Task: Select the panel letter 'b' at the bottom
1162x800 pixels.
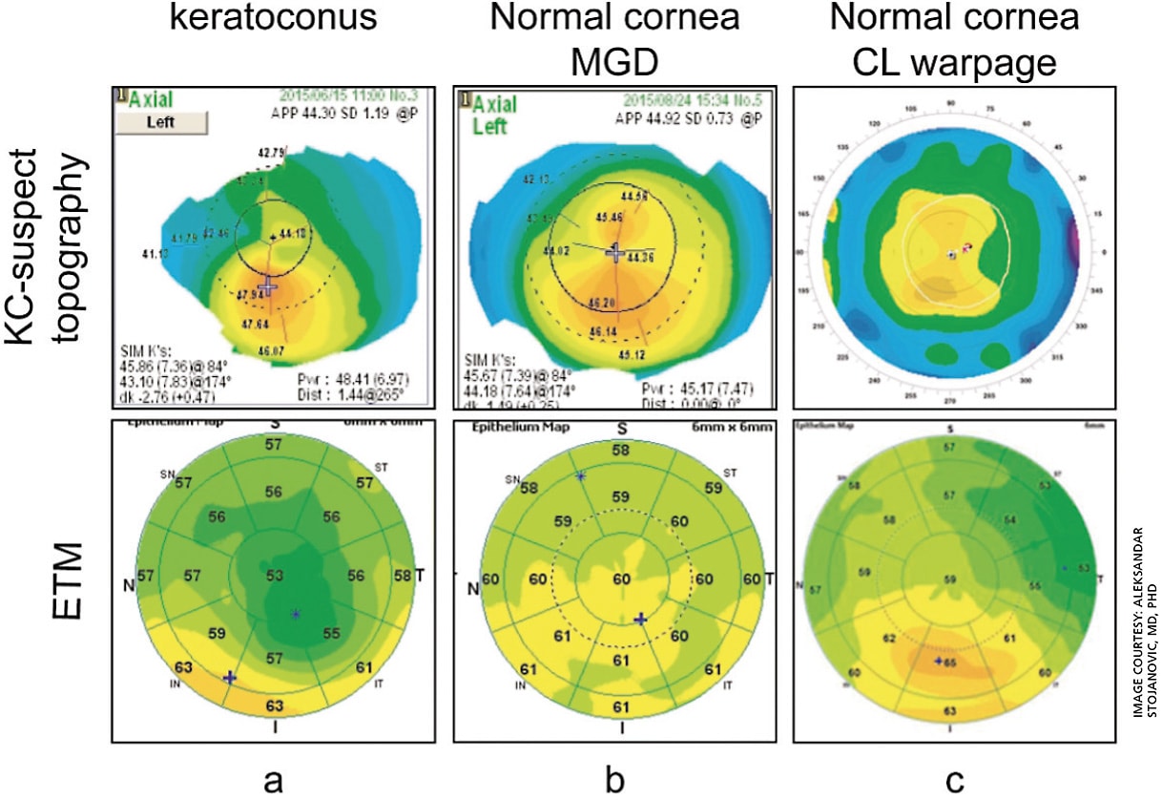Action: pyautogui.click(x=616, y=781)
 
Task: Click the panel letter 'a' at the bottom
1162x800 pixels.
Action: pyautogui.click(x=273, y=781)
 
